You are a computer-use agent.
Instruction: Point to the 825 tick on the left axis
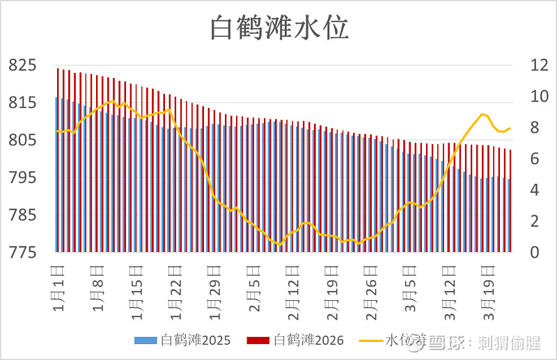22,65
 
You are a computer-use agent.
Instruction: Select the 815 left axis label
22,103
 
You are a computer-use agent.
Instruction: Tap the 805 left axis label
22,141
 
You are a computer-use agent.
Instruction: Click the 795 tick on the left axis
22,178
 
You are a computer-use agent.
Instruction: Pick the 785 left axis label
22,215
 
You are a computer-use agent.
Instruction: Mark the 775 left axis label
22,253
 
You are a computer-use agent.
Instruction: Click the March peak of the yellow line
482,114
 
